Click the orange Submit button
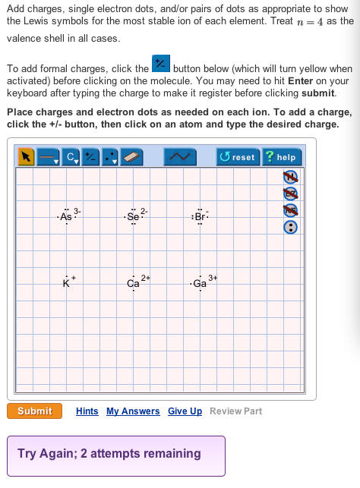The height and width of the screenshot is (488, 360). click(34, 411)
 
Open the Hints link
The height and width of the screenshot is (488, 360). click(87, 411)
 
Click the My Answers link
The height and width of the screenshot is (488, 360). click(133, 411)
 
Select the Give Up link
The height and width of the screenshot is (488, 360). click(185, 411)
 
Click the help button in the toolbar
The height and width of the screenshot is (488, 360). click(281, 156)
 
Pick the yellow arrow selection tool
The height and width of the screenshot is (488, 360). click(26, 156)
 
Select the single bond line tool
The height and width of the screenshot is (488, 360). click(48, 156)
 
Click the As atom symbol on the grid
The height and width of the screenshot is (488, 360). click(66, 216)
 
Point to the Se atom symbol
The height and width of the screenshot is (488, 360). click(133, 216)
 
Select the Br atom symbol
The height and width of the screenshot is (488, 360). click(200, 216)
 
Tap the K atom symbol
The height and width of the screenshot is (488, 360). click(66, 284)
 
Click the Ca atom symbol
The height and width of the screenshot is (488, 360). click(133, 284)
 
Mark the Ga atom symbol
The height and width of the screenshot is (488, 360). click(200, 284)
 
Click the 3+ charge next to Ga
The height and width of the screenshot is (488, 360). click(213, 278)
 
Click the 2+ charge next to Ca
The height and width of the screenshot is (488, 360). click(146, 278)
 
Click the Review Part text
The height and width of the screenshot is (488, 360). click(235, 411)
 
